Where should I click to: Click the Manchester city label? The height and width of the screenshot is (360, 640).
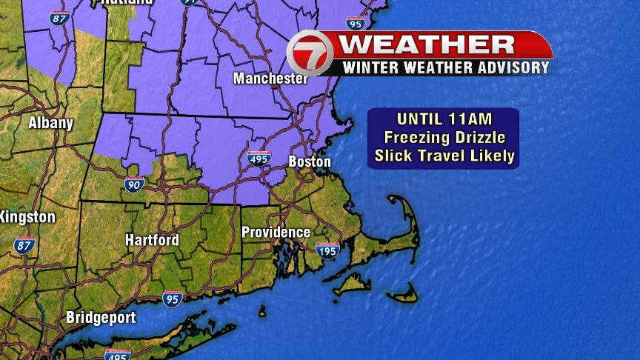click(270, 78)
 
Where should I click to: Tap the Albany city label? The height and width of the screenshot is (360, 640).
click(50, 123)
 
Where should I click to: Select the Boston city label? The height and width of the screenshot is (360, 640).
click(310, 161)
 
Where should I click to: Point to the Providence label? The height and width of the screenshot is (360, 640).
click(276, 232)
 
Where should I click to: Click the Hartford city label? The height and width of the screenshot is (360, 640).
click(152, 240)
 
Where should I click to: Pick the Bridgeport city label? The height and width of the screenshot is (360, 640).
click(101, 318)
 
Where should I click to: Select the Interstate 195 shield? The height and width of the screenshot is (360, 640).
click(327, 250)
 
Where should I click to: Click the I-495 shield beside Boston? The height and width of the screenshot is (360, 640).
click(259, 159)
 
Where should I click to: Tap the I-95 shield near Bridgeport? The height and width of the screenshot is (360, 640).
click(173, 299)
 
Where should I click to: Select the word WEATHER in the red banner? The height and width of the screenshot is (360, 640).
click(428, 44)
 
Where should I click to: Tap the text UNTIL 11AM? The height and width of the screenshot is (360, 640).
click(444, 119)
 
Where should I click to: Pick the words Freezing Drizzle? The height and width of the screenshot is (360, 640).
click(444, 137)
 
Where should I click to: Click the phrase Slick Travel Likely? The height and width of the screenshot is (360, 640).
click(444, 156)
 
